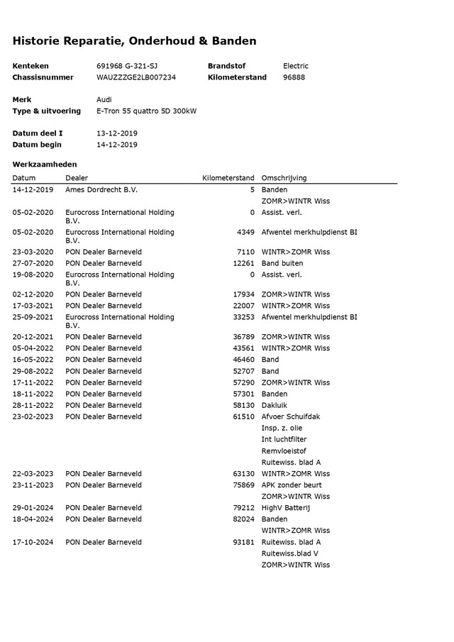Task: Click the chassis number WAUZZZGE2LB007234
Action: pyautogui.click(x=136, y=77)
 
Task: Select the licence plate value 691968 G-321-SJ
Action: pyautogui.click(x=127, y=66)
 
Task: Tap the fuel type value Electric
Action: pyautogui.click(x=296, y=66)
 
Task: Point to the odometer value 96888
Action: pyautogui.click(x=294, y=77)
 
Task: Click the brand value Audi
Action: pyautogui.click(x=104, y=100)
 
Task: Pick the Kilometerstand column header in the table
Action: pyautogui.click(x=228, y=178)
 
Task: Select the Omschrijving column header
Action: pyautogui.click(x=284, y=178)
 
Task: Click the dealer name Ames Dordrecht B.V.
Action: pyautogui.click(x=101, y=190)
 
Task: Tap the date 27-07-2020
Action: pyautogui.click(x=33, y=263)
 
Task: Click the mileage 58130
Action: pyautogui.click(x=243, y=405)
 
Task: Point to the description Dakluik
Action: pyautogui.click(x=274, y=405)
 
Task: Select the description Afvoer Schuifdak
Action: pyautogui.click(x=290, y=416)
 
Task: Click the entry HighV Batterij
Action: pyautogui.click(x=286, y=508)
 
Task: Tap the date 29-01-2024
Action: pyautogui.click(x=33, y=508)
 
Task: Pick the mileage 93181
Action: pyautogui.click(x=243, y=542)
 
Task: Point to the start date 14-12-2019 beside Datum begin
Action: pyautogui.click(x=117, y=145)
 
